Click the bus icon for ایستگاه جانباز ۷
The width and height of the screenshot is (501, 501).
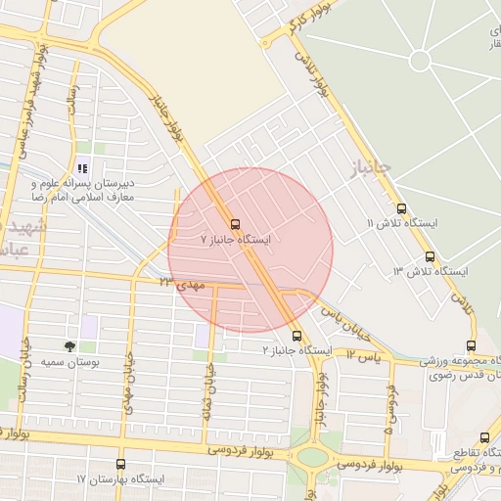(x=234, y=222)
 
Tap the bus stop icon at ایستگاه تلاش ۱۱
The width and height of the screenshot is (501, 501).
(x=401, y=208)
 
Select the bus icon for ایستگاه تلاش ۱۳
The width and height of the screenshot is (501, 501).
(x=429, y=256)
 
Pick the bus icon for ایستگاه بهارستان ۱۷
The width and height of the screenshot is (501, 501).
(x=121, y=464)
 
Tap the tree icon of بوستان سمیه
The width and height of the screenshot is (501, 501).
(x=69, y=345)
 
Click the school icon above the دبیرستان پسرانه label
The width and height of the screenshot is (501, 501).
(x=82, y=167)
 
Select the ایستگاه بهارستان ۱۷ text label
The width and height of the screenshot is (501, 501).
(x=121, y=479)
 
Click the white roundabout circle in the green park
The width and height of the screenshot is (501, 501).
(x=421, y=61)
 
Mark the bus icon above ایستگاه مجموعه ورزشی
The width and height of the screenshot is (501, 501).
(x=472, y=345)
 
